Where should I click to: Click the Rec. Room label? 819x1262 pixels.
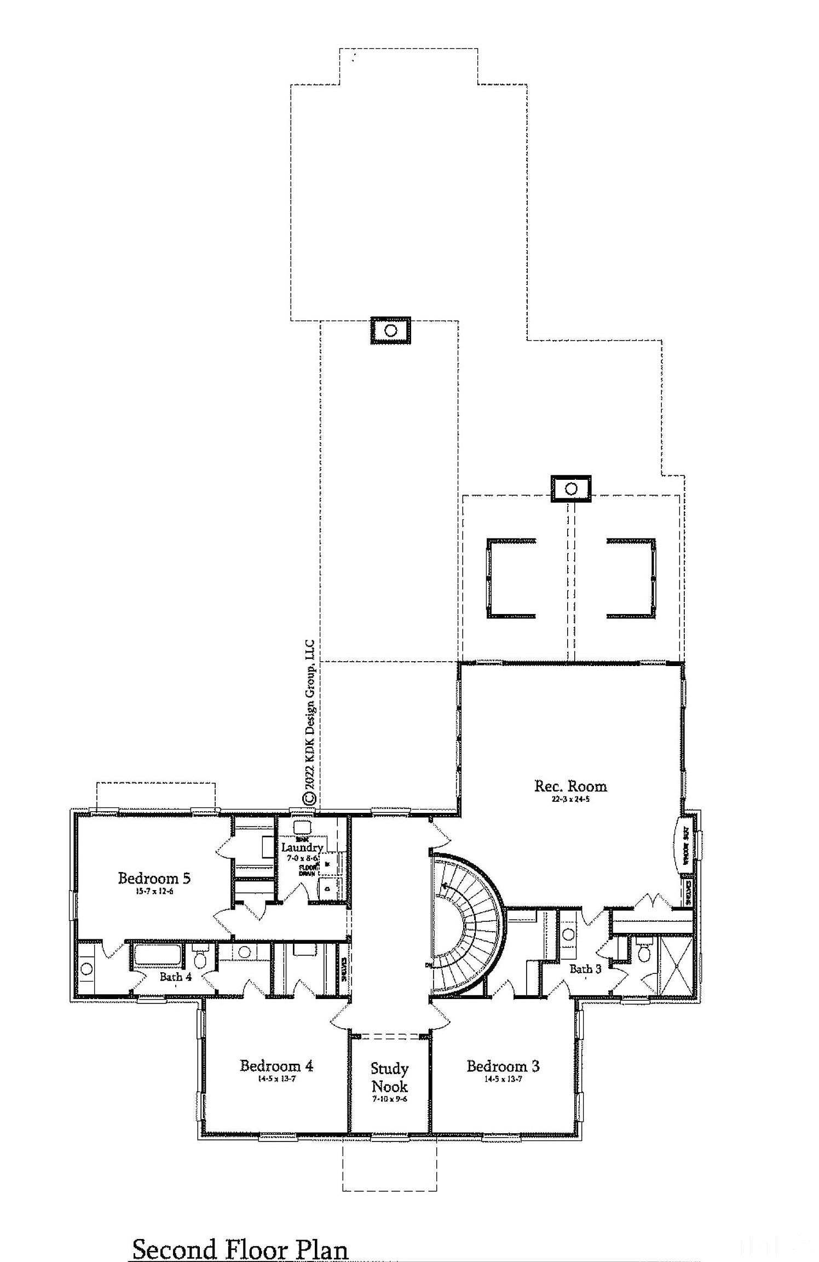pyautogui.click(x=570, y=786)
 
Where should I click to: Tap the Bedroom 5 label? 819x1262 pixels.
pyautogui.click(x=154, y=878)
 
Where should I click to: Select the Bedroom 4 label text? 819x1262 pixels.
pyautogui.click(x=276, y=1065)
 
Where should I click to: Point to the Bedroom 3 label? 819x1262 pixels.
pyautogui.click(x=503, y=1066)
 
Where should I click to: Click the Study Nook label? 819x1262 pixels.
pyautogui.click(x=389, y=1077)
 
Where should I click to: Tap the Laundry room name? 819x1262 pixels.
pyautogui.click(x=302, y=847)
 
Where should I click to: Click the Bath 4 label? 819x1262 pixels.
pyautogui.click(x=175, y=977)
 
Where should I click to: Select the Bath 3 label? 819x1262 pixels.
pyautogui.click(x=585, y=969)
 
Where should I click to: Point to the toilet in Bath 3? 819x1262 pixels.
pyautogui.click(x=644, y=954)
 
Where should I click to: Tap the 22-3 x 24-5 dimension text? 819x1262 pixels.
pyautogui.click(x=570, y=799)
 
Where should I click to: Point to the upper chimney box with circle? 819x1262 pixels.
pyautogui.click(x=390, y=330)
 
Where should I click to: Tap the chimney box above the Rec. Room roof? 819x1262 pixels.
pyautogui.click(x=570, y=488)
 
